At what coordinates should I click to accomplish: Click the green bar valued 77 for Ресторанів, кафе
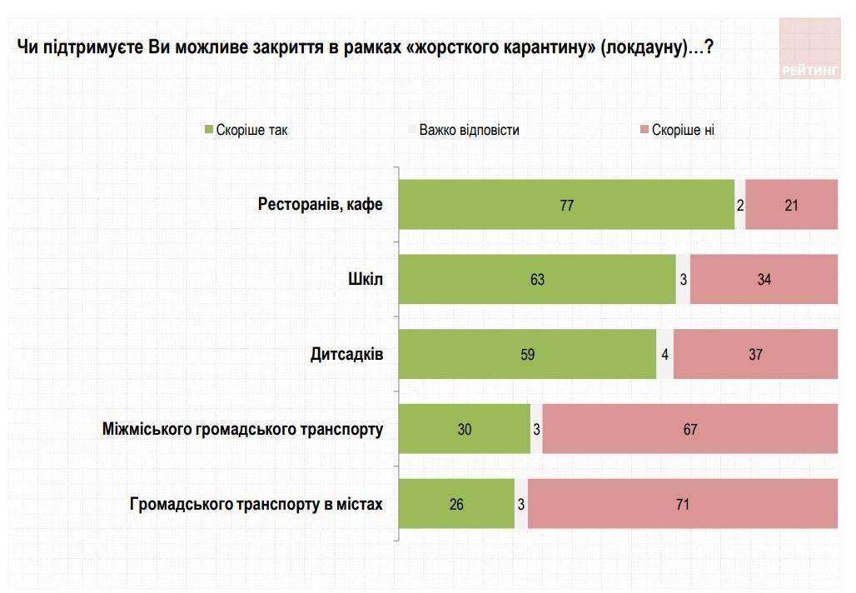pyautogui.click(x=566, y=204)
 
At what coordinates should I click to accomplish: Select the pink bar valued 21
pyautogui.click(x=791, y=204)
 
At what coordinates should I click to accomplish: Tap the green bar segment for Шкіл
pyautogui.click(x=537, y=279)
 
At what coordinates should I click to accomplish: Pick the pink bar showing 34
pyautogui.click(x=764, y=279)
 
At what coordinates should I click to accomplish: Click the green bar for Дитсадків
pyautogui.click(x=527, y=354)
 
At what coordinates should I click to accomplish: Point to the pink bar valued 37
pyautogui.click(x=755, y=354)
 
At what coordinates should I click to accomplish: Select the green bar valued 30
pyautogui.click(x=465, y=429)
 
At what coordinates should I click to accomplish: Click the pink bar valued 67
pyautogui.click(x=689, y=429)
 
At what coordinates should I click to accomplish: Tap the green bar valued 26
pyautogui.click(x=456, y=504)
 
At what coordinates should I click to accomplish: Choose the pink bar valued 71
pyautogui.click(x=683, y=504)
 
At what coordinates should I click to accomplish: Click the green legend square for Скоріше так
pyautogui.click(x=209, y=130)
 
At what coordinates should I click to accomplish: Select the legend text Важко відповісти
pyautogui.click(x=469, y=130)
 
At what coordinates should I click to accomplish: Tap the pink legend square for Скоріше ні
pyautogui.click(x=644, y=130)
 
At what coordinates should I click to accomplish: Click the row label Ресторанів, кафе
pyautogui.click(x=321, y=204)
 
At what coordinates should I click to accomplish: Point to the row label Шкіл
pyautogui.click(x=366, y=279)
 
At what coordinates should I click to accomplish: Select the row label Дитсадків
pyautogui.click(x=346, y=354)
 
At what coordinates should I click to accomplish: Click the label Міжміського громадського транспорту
pyautogui.click(x=243, y=429)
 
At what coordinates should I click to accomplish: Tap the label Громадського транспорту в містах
pyautogui.click(x=256, y=504)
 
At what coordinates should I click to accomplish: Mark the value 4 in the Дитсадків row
pyautogui.click(x=664, y=354)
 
